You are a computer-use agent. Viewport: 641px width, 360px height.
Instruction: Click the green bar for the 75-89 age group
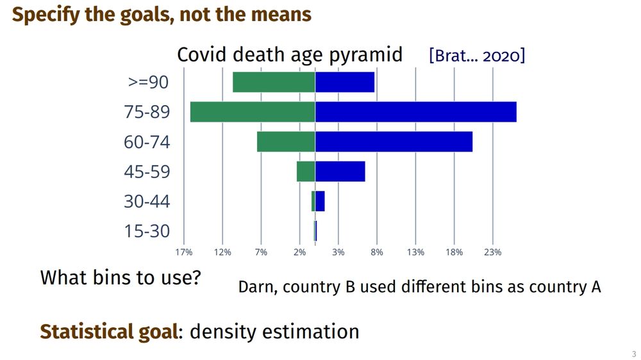click(253, 112)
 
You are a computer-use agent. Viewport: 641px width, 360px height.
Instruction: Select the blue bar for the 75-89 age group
click(415, 112)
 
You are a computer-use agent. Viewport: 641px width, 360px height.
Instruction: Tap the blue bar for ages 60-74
click(394, 142)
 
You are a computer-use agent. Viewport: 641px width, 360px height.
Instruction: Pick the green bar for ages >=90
click(274, 82)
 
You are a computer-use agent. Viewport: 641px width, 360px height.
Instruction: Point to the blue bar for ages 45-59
click(340, 172)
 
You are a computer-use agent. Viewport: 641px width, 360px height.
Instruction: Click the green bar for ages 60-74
click(286, 142)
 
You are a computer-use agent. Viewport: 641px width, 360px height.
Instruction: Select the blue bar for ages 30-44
click(320, 201)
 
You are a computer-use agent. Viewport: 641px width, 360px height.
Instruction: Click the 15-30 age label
click(147, 231)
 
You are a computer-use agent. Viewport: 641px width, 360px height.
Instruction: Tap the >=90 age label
click(149, 82)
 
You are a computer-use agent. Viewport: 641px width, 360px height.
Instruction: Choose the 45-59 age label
click(147, 172)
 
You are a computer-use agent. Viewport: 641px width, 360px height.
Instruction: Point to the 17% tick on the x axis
click(184, 252)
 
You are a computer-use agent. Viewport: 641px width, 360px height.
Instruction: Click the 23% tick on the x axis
click(492, 252)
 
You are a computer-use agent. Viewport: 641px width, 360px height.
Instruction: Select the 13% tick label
click(415, 252)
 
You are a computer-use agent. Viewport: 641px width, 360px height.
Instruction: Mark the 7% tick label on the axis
click(261, 252)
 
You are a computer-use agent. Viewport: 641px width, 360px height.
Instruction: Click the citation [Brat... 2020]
click(477, 56)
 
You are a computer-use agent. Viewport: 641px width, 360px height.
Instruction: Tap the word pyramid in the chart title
click(365, 56)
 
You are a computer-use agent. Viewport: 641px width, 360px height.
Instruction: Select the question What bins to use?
click(121, 278)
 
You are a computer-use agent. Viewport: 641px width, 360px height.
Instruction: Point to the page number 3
click(633, 354)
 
